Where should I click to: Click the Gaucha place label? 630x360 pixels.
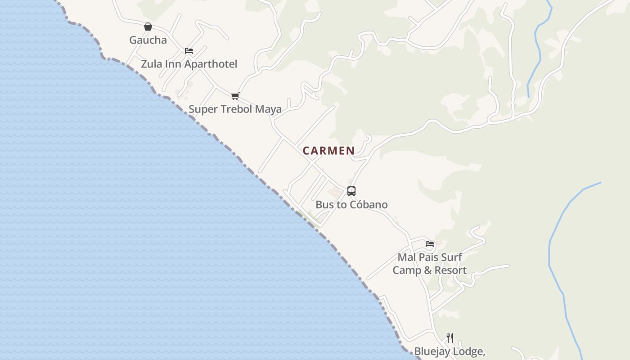pyautogui.click(x=148, y=40)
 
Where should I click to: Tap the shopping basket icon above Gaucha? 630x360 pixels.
pyautogui.click(x=148, y=27)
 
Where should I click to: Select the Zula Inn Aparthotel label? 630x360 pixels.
pyautogui.click(x=189, y=64)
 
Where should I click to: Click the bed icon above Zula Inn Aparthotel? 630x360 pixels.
pyautogui.click(x=189, y=51)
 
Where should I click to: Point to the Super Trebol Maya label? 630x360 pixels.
pyautogui.click(x=235, y=109)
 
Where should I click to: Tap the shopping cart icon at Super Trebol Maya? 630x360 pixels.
pyautogui.click(x=235, y=96)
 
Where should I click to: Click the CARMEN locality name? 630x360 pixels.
pyautogui.click(x=328, y=151)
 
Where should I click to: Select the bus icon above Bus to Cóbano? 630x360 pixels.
pyautogui.click(x=351, y=191)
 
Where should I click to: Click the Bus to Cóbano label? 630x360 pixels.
pyautogui.click(x=351, y=205)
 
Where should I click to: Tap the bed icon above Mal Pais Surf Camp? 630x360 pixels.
pyautogui.click(x=430, y=244)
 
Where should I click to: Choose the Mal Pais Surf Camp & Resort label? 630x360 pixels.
pyautogui.click(x=430, y=264)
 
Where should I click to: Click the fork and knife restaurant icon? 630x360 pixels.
pyautogui.click(x=450, y=337)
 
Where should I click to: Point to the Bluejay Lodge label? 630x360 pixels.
pyautogui.click(x=449, y=351)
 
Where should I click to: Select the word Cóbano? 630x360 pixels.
pyautogui.click(x=369, y=205)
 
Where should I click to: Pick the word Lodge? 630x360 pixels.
pyautogui.click(x=471, y=351)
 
